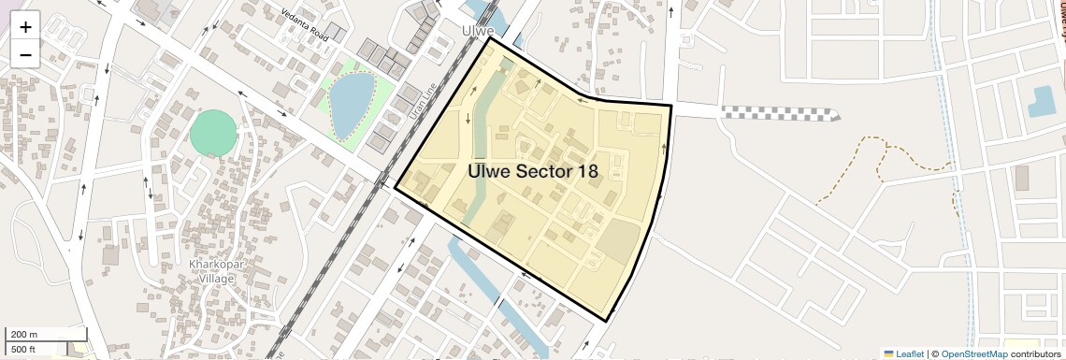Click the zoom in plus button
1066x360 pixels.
point(25,27)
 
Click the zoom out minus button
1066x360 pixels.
point(25,54)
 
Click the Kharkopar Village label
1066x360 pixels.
point(218,271)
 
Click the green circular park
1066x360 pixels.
point(214,134)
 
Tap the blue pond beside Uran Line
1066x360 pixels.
point(351,101)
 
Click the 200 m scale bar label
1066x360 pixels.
point(24,334)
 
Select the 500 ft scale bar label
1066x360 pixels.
point(24,349)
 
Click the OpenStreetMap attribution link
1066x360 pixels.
point(973,353)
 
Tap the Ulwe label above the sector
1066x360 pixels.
point(478,31)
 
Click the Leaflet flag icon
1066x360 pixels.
point(888,353)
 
